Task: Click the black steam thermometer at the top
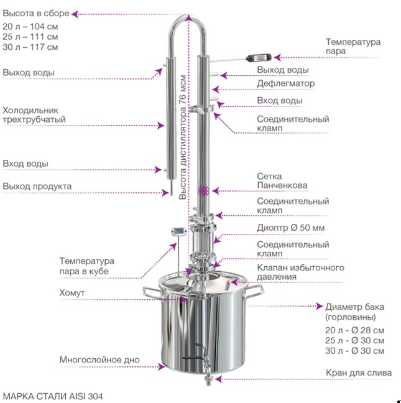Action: pos(259,58)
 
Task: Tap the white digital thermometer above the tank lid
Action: pos(178,231)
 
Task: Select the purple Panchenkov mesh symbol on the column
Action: pos(203,191)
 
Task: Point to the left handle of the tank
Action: pos(152,292)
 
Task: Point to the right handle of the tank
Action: pos(254,291)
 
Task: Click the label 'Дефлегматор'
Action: pos(285,83)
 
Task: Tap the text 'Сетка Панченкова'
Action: pos(282,181)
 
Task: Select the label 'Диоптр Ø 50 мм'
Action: pos(291,228)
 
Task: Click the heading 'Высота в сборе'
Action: pos(36,13)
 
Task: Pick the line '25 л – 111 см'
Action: pos(30,37)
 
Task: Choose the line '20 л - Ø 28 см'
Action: pos(354,330)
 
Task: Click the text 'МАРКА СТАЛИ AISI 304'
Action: pos(53,396)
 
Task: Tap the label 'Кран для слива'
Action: pos(359,373)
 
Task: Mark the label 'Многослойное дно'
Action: pos(99,359)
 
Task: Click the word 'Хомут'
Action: pos(72,293)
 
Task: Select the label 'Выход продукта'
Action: pos(37,186)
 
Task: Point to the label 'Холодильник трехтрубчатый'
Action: pos(34,115)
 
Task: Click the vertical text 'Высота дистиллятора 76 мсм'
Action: pos(183,137)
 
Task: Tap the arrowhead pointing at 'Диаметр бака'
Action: pos(320,306)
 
